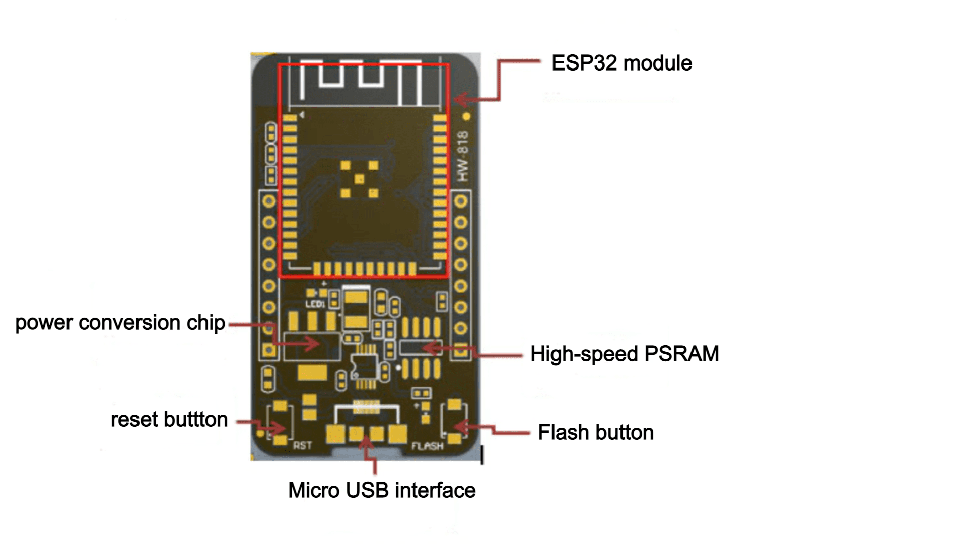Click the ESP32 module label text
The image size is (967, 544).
click(621, 63)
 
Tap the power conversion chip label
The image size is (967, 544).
click(120, 323)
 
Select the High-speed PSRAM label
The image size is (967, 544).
click(625, 354)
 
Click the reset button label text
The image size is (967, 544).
click(169, 420)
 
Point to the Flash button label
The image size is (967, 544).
click(596, 432)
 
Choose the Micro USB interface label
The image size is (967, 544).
click(382, 490)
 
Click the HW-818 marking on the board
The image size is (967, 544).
click(462, 156)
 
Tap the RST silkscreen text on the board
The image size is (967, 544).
click(303, 445)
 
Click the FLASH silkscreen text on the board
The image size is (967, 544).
click(428, 446)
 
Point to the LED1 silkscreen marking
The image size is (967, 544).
click(315, 304)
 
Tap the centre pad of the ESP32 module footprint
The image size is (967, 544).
click(359, 179)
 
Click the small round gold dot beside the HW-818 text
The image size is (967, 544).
click(466, 117)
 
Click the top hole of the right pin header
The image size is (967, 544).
click(461, 201)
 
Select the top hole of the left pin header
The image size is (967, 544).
click(269, 201)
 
